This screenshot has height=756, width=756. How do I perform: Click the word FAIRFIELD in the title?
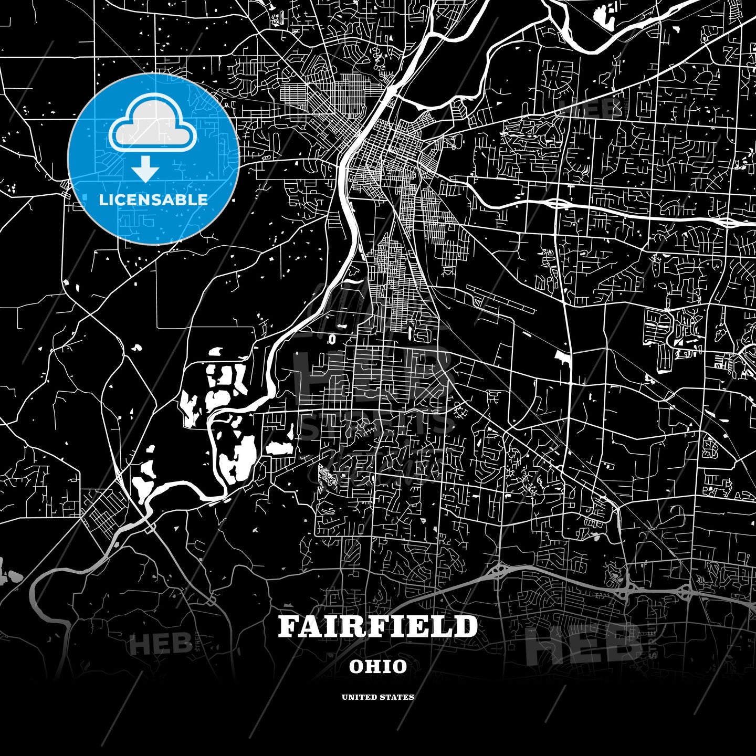coord(377,626)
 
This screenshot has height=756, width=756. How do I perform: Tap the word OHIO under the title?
coord(377,667)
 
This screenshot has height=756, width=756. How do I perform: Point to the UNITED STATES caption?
coord(377,697)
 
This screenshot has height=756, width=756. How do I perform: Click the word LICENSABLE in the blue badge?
coord(153,199)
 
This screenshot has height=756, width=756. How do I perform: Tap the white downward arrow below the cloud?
coord(145,169)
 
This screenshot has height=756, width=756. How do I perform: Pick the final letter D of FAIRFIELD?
coord(467,626)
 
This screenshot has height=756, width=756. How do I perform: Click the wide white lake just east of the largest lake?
coord(279,447)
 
